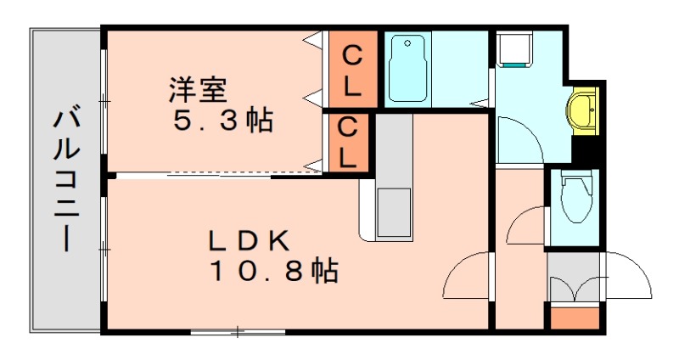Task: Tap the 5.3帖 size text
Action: click(x=222, y=121)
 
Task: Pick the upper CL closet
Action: click(x=350, y=70)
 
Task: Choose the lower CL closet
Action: click(x=348, y=142)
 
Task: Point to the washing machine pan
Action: click(x=515, y=49)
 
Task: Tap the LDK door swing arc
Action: click(x=467, y=276)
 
